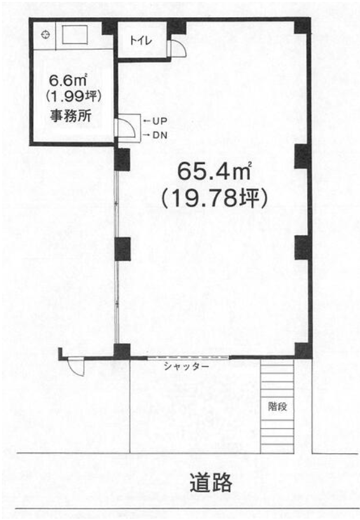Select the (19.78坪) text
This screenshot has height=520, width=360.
(x=213, y=198)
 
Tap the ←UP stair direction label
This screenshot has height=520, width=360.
(x=154, y=121)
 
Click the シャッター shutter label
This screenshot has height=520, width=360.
(x=186, y=367)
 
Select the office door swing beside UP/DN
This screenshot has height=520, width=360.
(x=126, y=127)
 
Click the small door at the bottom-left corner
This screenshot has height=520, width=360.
(x=75, y=367)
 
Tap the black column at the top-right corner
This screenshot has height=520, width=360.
(x=302, y=26)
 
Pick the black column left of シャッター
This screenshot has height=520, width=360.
(x=122, y=350)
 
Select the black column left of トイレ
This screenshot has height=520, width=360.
(x=110, y=27)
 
